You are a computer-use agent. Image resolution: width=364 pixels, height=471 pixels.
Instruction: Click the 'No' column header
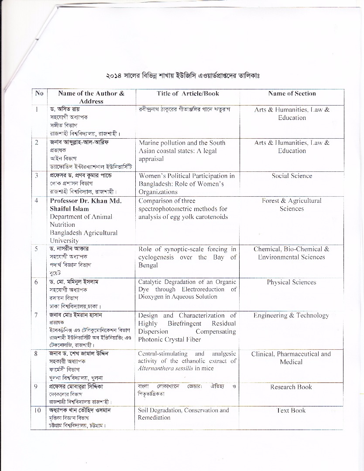39,93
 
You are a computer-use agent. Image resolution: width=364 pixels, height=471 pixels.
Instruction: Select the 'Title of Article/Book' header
188,93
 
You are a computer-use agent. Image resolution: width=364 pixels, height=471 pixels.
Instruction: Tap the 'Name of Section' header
292,93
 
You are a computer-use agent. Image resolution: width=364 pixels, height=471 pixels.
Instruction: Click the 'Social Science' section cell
292,176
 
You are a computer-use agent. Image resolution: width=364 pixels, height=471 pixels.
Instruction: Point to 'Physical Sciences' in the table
291,282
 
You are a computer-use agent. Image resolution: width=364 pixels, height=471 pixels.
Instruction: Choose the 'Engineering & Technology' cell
291,315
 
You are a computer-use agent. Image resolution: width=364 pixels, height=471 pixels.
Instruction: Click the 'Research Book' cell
291,387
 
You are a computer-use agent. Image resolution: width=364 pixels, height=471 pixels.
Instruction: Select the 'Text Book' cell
291,410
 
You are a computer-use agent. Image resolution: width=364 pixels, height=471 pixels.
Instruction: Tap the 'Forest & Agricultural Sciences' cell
291,205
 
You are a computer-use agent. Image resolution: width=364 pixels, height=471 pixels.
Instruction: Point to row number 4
37,201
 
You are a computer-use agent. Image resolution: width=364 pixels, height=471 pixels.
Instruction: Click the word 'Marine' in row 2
150,143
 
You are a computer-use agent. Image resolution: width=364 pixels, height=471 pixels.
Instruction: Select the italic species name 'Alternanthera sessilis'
165,369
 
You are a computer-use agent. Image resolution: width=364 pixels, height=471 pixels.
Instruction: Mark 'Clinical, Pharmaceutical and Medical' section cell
291,358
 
